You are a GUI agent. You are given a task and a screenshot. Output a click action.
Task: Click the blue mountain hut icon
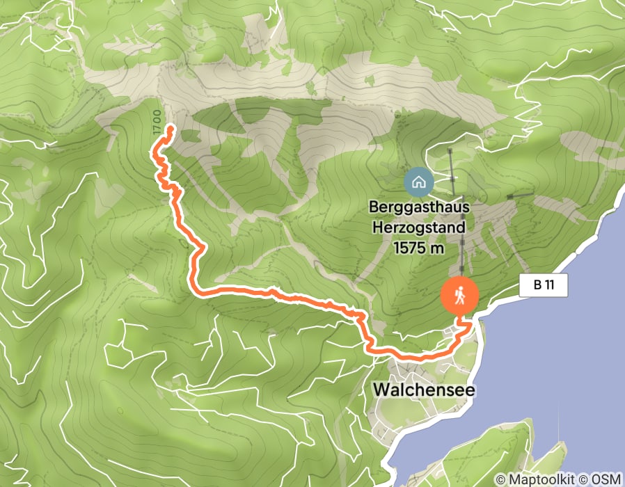419,182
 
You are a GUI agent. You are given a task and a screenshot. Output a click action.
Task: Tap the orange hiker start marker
460,297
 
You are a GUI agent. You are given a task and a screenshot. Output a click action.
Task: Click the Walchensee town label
424,390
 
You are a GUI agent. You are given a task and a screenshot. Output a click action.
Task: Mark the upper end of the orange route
171,127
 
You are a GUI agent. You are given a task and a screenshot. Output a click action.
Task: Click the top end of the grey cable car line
450,150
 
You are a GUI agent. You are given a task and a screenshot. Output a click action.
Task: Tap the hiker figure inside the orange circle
460,297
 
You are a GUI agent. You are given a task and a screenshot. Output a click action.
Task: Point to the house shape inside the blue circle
419,182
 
